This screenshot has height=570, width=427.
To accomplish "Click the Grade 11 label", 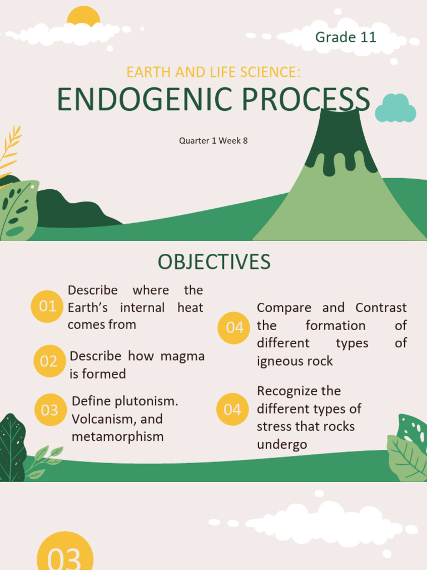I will (x=345, y=37).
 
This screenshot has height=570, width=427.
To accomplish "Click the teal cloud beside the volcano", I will (x=395, y=109).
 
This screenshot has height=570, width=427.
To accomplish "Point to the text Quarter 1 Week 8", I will (x=213, y=141).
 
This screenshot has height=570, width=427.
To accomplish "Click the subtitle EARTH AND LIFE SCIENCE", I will (x=213, y=72).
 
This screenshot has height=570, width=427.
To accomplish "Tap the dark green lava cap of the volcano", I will (x=339, y=139).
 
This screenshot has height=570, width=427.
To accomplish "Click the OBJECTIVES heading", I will (x=214, y=262).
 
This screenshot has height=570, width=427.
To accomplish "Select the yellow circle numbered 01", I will (x=47, y=306).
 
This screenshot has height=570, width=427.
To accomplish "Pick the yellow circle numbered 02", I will (x=49, y=361).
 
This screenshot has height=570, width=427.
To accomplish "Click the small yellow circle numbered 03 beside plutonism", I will (x=49, y=410).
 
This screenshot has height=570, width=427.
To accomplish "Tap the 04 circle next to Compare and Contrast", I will (x=234, y=328).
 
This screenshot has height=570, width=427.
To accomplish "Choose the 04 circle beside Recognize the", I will (x=232, y=410).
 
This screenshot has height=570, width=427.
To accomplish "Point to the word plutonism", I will (x=150, y=401).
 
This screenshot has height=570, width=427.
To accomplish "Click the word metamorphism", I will (x=117, y=436).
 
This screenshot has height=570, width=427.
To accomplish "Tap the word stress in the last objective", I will (x=274, y=427).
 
